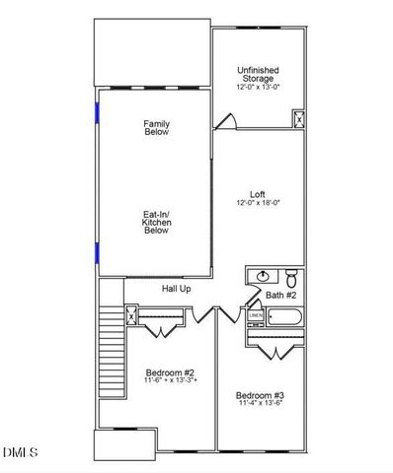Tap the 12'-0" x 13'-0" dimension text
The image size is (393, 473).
(259, 87)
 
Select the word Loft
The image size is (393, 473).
(259, 194)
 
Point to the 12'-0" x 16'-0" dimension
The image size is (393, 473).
(259, 203)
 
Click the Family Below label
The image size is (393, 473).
(156, 127)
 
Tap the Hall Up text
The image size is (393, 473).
(177, 289)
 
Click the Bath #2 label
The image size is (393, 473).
(281, 295)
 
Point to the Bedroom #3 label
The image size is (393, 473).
(260, 395)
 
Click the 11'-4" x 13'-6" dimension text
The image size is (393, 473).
(260, 404)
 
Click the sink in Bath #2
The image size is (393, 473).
(264, 276)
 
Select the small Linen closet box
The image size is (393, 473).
(254, 316)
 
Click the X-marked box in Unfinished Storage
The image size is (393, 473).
(297, 119)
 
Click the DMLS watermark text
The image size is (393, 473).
(20, 452)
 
